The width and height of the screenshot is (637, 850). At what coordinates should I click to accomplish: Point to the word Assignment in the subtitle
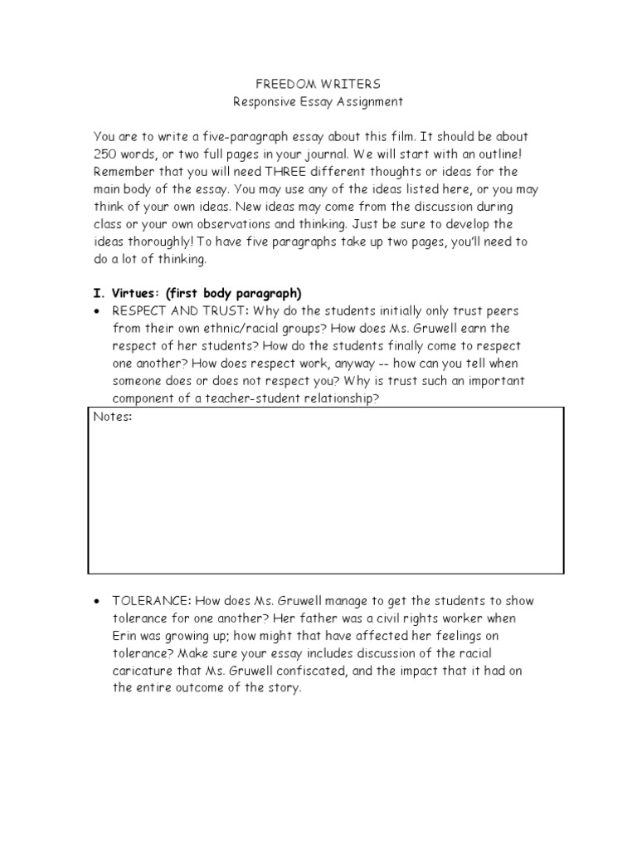[372, 102]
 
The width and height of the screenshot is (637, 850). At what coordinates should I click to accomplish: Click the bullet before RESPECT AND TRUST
[97, 310]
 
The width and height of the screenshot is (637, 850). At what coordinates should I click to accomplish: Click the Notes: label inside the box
[113, 417]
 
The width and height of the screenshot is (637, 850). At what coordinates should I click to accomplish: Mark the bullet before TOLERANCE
[97, 601]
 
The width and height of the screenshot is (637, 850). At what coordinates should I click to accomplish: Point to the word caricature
[142, 671]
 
